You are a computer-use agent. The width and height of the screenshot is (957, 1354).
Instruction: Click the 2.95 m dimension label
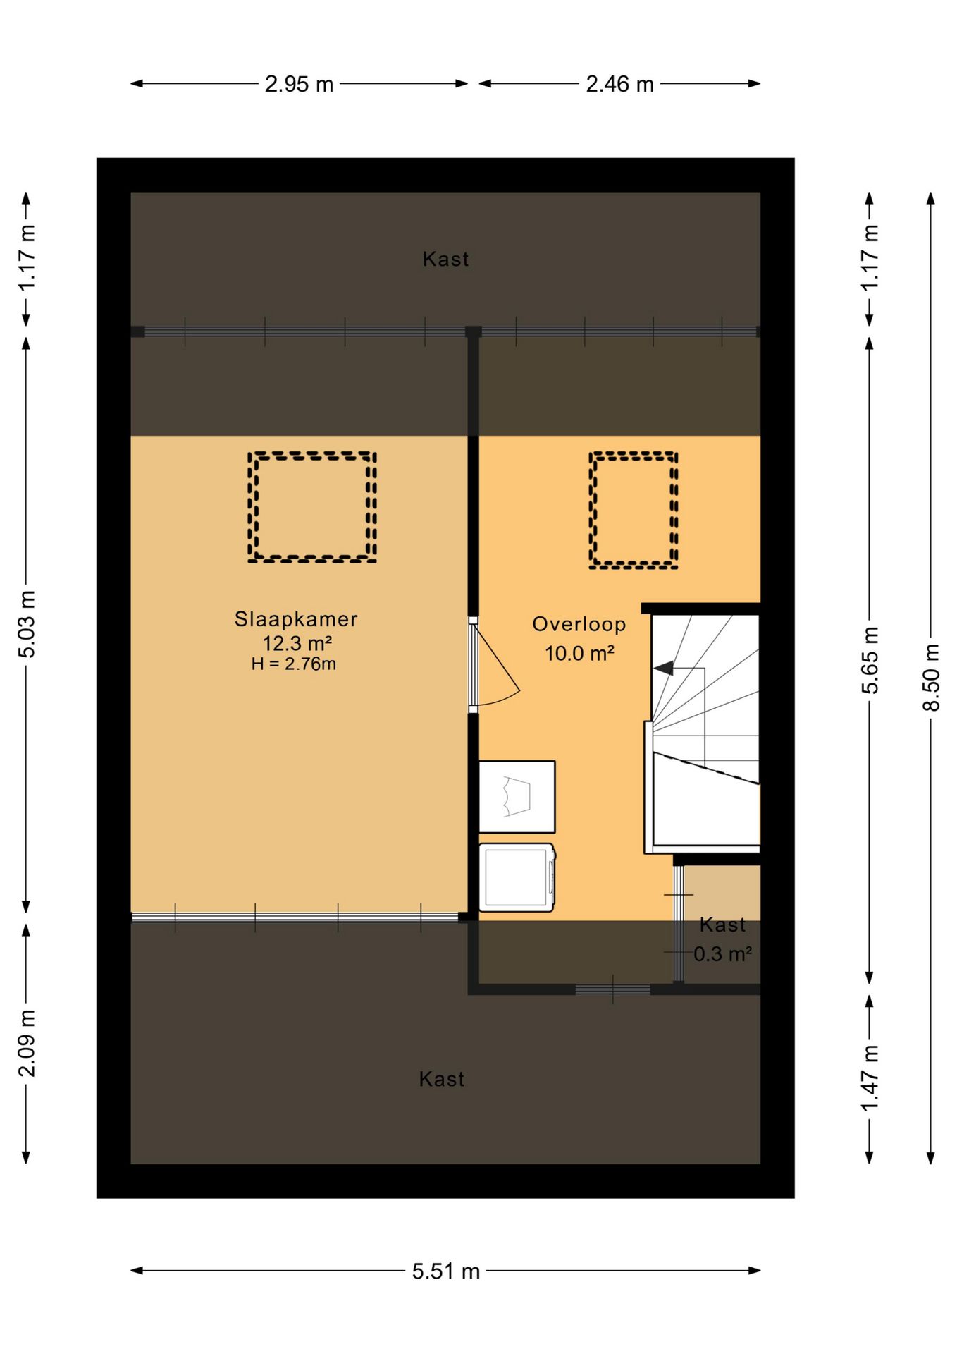click(x=299, y=85)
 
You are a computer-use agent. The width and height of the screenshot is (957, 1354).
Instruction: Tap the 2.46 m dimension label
click(x=620, y=85)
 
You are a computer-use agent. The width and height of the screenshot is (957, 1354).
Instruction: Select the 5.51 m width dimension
click(x=446, y=1271)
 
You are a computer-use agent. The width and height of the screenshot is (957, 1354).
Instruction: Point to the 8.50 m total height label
click(x=931, y=677)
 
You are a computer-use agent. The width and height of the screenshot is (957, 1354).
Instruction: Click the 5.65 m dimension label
click(x=870, y=660)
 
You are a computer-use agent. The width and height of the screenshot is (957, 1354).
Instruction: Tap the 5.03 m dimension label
click(x=26, y=624)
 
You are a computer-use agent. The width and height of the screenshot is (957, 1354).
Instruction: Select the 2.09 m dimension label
click(x=26, y=1044)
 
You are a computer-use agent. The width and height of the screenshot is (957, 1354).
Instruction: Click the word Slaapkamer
click(x=296, y=619)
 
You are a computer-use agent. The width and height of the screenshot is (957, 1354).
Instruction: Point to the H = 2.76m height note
click(x=294, y=664)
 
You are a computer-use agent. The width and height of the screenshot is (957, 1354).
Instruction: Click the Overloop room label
click(x=579, y=625)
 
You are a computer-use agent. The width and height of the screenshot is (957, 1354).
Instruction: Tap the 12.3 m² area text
click(x=297, y=643)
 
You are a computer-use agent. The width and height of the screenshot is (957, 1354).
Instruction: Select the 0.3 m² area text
click(x=722, y=954)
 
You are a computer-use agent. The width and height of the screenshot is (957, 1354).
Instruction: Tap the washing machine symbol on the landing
click(x=517, y=877)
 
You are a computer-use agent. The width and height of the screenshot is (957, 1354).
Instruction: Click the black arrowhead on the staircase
click(x=663, y=668)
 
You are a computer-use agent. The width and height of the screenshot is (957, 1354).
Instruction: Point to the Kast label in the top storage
click(x=445, y=260)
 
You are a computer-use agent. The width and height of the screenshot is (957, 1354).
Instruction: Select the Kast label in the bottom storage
click(x=442, y=1079)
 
